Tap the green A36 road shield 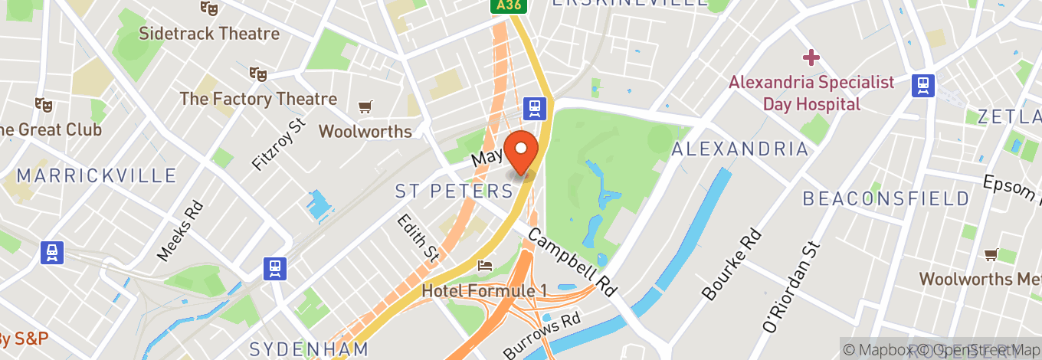(503, 6)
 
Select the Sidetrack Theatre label (208, 34)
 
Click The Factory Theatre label (258, 99)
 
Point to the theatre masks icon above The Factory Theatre (258, 74)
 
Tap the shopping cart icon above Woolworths (365, 106)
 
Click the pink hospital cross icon (811, 57)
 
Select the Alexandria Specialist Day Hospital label (811, 93)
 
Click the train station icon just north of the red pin (535, 108)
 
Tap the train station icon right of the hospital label (922, 85)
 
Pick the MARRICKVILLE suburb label (97, 175)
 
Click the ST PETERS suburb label (453, 191)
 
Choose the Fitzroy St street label (278, 144)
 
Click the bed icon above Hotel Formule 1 (485, 266)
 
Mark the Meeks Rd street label (180, 230)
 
